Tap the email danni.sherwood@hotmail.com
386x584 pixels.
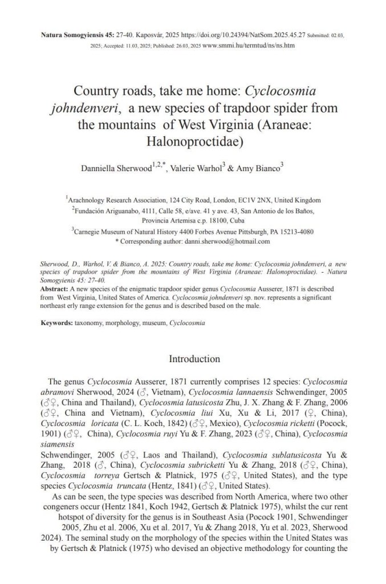(227, 241)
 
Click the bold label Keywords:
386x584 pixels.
(57, 323)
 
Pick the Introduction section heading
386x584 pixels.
(194, 359)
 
